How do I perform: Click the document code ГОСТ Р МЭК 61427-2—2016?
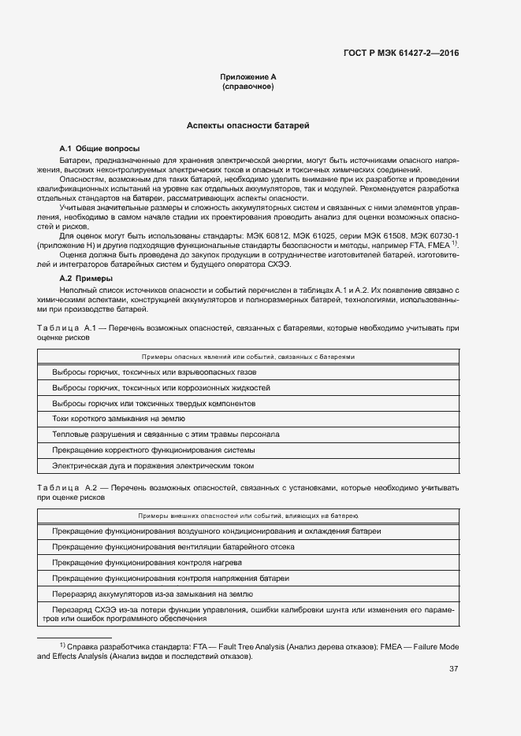(401, 54)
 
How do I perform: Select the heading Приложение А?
(247, 77)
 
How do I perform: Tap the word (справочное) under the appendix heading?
(247, 87)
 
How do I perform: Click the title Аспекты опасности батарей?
(247, 126)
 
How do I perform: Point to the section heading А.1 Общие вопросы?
(99, 148)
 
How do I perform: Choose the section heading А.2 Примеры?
(86, 279)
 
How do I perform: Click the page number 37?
(453, 669)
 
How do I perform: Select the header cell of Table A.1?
(248, 357)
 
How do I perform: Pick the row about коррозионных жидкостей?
(162, 388)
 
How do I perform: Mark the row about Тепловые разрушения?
(166, 435)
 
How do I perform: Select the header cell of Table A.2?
(248, 516)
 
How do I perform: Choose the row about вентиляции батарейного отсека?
(173, 547)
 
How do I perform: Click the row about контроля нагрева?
(147, 563)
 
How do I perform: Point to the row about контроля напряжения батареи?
(170, 579)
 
